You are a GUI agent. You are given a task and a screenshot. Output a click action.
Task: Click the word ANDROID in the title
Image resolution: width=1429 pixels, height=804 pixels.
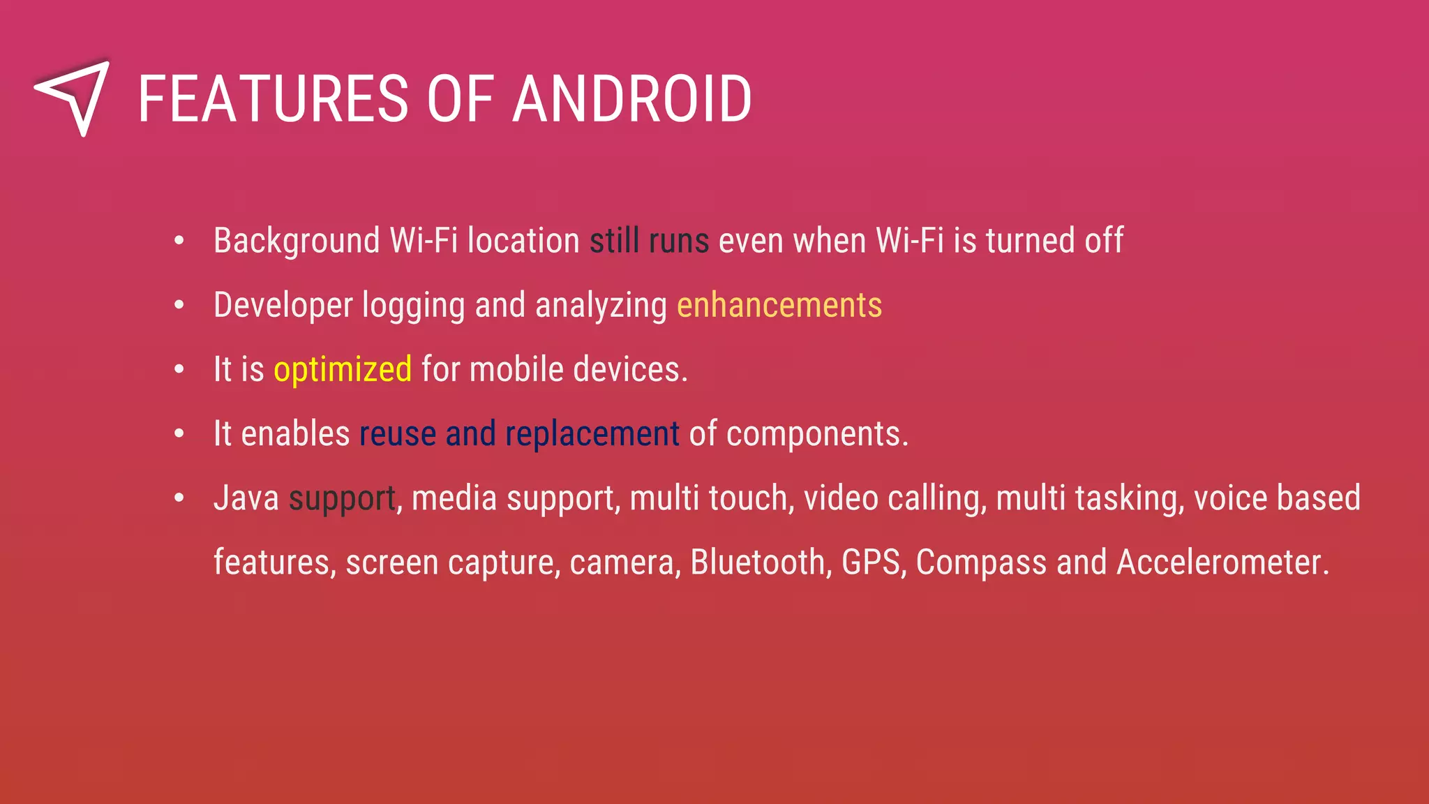point(632,100)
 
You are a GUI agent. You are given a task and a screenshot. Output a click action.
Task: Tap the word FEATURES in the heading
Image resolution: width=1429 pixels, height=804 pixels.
point(273,100)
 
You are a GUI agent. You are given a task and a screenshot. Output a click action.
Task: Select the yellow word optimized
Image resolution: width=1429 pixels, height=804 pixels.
point(343,370)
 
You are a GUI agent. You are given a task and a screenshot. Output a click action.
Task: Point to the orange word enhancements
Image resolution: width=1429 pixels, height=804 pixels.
point(779,306)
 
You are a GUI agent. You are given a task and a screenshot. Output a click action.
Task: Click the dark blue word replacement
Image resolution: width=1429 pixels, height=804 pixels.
point(592,434)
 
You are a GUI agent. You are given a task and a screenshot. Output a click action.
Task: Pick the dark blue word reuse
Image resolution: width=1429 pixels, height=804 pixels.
point(398,434)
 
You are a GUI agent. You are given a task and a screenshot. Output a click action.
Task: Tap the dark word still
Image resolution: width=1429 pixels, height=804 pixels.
point(614,241)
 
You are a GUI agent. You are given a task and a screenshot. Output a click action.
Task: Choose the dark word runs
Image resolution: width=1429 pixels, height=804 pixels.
point(679,241)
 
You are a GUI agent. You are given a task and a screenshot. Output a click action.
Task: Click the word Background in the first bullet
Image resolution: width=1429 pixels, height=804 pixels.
point(297,241)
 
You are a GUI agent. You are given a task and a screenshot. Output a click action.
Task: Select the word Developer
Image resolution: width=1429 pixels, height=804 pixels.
point(283,306)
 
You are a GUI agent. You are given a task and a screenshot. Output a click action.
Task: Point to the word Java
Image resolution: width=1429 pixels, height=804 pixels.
point(246,498)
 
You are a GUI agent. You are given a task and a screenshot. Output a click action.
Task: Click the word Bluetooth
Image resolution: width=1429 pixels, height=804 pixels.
point(758,563)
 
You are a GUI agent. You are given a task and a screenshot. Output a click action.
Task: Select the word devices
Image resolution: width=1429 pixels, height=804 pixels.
point(627,370)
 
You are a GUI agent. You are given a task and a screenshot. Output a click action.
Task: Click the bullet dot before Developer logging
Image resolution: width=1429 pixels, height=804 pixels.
point(179,305)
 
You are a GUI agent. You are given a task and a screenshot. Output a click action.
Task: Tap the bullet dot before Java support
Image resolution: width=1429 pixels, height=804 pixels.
point(179,498)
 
